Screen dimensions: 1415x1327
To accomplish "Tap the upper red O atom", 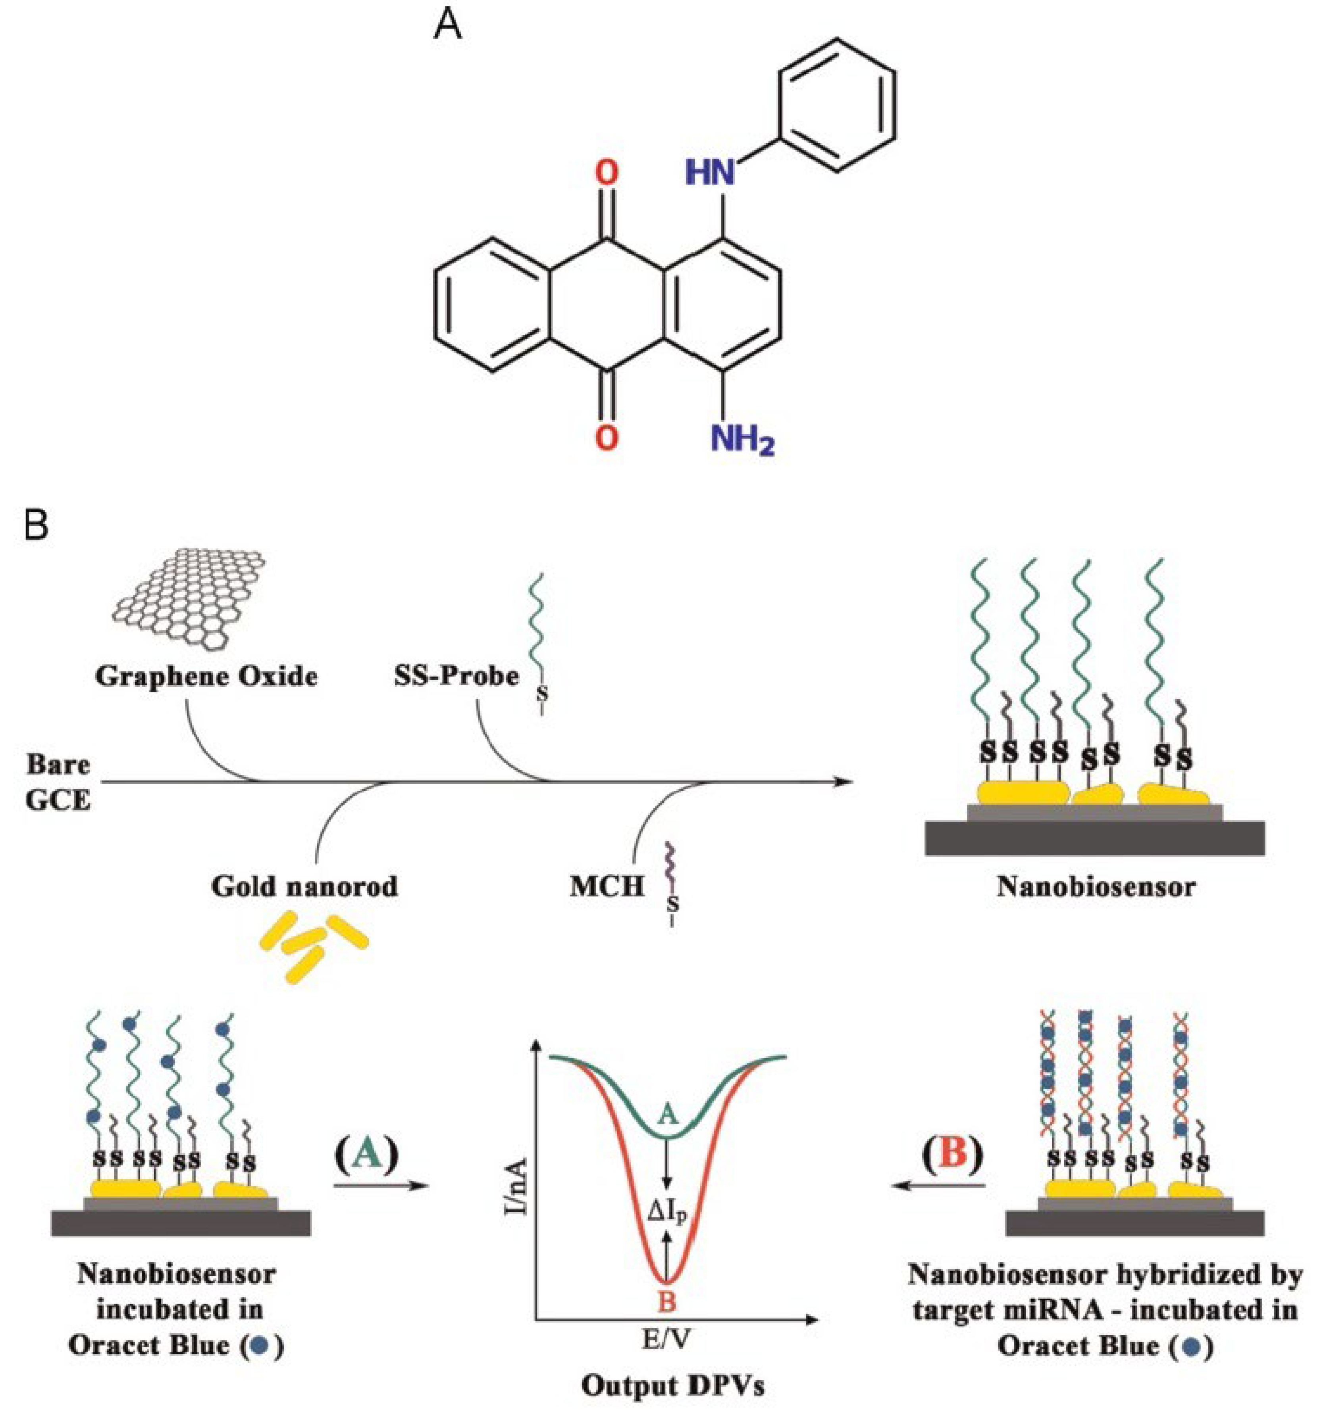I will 606,173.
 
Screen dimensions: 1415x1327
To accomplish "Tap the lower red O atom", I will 606,438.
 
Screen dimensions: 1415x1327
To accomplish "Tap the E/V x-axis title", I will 666,1337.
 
